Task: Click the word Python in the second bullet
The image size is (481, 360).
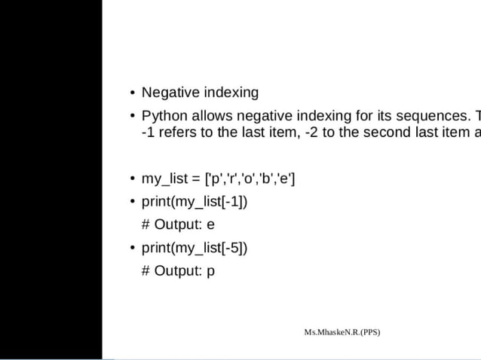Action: [x=164, y=116]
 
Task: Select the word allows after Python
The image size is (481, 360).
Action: [x=212, y=116]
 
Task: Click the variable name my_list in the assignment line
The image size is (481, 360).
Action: [x=164, y=178]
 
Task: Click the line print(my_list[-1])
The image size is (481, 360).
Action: [x=195, y=202]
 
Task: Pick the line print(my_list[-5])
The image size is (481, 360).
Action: [x=195, y=248]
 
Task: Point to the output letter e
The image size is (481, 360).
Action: [x=210, y=225]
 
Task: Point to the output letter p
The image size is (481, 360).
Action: [x=210, y=271]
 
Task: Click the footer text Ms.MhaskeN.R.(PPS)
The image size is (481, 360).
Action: [x=342, y=332]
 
